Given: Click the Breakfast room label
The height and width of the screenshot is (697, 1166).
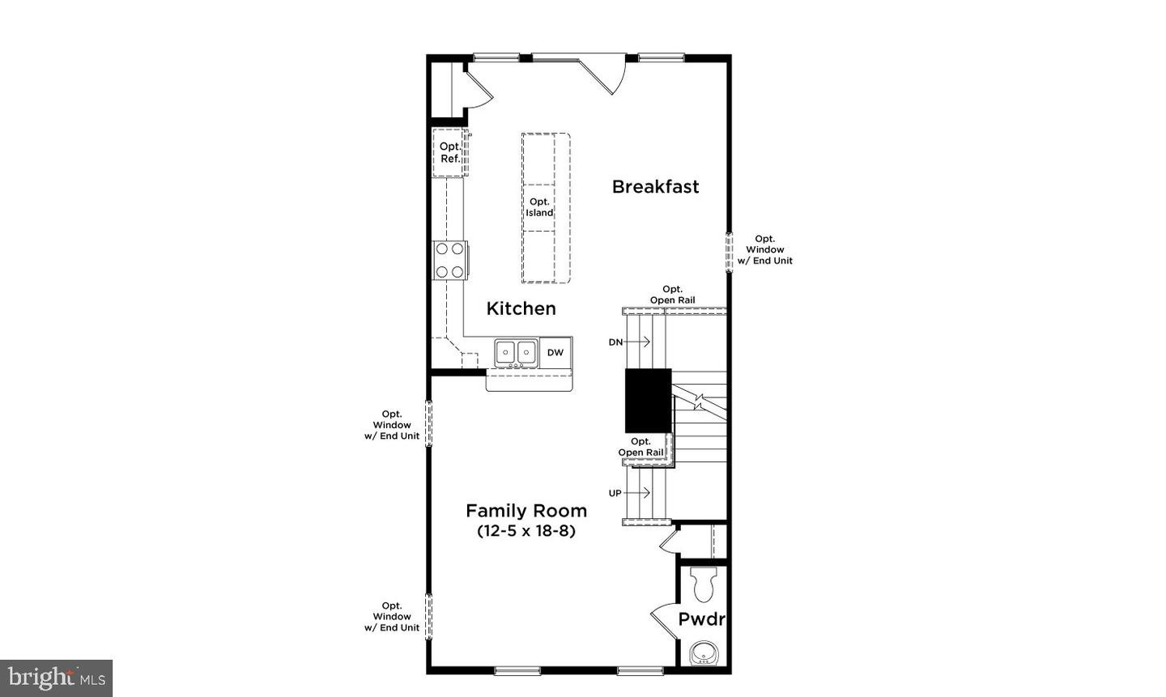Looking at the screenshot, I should pos(655,187).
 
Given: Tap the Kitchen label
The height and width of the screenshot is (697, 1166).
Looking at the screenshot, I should pos(521,308).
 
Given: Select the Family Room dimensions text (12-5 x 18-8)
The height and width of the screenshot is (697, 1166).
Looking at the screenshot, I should pos(526,532).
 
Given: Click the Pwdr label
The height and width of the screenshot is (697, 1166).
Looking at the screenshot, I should pos(701,620).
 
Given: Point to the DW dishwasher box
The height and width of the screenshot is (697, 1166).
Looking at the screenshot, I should pos(555,352).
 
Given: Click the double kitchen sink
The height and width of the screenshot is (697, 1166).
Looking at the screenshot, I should pos(517,352).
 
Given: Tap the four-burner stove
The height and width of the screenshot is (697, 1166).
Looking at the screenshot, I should pos(450,260).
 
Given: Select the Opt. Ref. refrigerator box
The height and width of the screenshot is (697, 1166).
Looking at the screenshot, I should pos(450,152).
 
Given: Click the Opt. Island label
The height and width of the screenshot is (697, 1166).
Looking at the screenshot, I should pos(539,207).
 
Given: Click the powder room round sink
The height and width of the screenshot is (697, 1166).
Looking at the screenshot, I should pos(701,652).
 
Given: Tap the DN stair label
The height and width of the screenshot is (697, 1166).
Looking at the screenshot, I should pos(616,342).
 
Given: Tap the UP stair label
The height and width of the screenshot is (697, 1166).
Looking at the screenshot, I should pos(615,493).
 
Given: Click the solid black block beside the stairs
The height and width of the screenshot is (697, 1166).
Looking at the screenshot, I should pos(648,400).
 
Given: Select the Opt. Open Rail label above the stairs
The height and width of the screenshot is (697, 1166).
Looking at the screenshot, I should pos(672,295).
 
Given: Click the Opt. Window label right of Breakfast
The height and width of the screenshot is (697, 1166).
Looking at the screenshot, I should pos(764,250).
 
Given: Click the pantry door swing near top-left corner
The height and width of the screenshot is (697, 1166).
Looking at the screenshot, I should pos(477,88).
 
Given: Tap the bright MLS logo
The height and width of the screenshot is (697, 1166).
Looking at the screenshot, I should pos(56,678).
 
